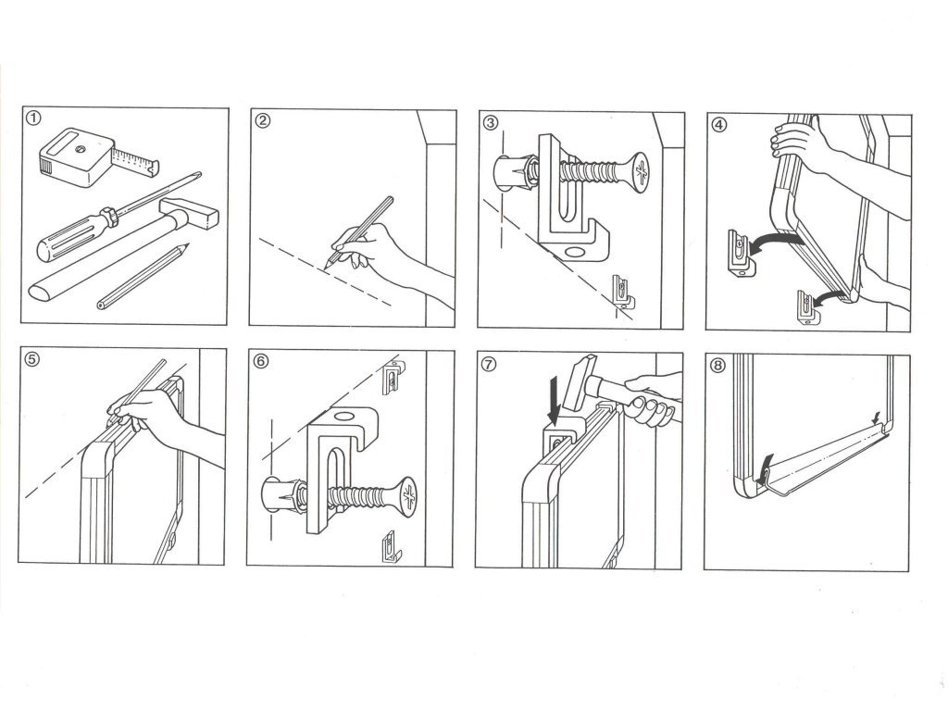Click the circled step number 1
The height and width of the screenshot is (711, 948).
coord(34,118)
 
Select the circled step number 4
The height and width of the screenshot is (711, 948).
coord(718,125)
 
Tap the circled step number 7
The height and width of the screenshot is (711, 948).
coord(489,364)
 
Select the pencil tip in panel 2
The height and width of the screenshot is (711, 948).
coord(326,266)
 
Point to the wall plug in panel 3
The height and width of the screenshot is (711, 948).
coord(513,173)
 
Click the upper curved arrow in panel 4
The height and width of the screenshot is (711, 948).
coord(775,242)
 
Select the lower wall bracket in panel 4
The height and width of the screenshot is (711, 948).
coord(807,308)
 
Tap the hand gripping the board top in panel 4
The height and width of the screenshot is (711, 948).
coord(798,141)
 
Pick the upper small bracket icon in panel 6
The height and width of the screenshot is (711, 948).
coord(393,378)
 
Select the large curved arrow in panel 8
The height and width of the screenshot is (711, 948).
coord(763,468)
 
